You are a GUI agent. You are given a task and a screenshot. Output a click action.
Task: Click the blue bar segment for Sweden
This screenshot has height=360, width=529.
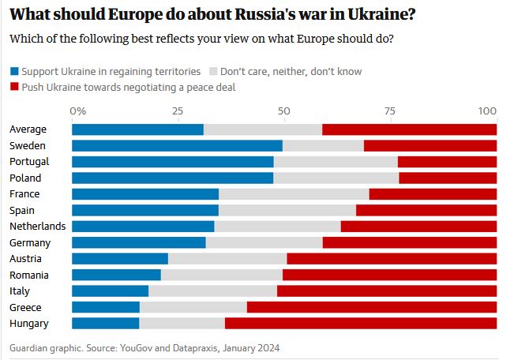(x=177, y=146)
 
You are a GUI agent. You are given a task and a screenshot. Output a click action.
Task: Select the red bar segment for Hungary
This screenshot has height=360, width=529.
(x=361, y=323)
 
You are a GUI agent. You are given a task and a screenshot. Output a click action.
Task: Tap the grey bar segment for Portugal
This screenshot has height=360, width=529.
(x=336, y=162)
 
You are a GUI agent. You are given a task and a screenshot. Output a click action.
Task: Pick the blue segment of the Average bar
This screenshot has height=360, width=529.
(x=137, y=129)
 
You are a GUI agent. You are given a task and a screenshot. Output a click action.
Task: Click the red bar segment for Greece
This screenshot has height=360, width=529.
(x=372, y=307)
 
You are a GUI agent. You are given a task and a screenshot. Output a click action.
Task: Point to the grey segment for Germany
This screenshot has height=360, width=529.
(x=264, y=242)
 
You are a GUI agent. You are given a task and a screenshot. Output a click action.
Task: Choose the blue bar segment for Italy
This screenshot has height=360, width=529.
(x=110, y=291)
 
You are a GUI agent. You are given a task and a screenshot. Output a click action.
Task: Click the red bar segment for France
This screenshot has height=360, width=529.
(x=433, y=194)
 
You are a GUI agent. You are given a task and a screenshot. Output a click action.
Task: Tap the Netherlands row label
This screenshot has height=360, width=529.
(x=36, y=227)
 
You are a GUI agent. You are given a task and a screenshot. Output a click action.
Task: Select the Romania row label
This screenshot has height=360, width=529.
(x=28, y=275)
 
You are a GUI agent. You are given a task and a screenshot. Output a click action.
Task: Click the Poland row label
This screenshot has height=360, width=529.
(x=24, y=178)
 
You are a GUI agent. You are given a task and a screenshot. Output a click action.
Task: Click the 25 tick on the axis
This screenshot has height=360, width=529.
(x=178, y=111)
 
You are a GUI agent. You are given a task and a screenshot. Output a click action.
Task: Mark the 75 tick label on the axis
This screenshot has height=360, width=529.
(x=391, y=111)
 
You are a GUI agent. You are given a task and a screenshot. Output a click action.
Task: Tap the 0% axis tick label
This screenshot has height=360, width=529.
(x=77, y=111)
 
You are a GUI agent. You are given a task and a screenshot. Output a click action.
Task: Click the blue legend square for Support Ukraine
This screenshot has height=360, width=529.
(x=14, y=72)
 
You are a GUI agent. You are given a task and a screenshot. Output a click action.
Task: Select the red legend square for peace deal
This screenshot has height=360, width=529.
(x=14, y=88)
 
